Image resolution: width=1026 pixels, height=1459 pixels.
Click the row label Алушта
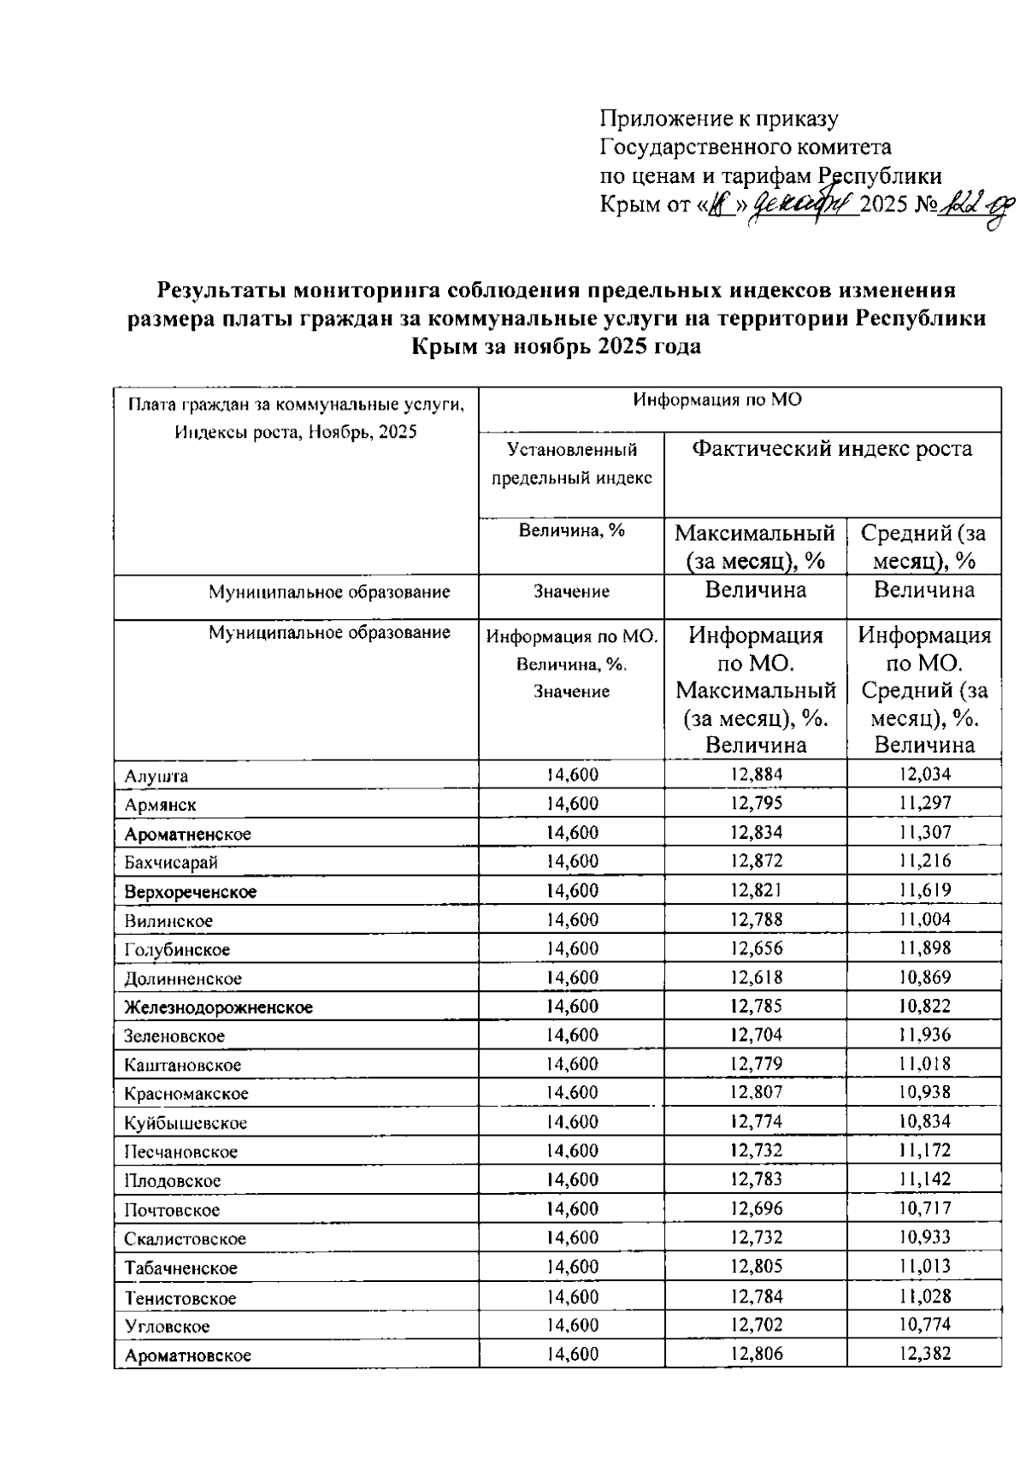156,777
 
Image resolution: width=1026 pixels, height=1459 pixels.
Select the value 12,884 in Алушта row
757,775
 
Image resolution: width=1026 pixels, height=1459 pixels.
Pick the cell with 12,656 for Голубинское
757,948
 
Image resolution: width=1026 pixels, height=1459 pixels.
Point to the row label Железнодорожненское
219,1007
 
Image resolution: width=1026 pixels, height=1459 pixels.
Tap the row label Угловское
167,1326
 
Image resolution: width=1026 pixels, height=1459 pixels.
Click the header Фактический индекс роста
831,449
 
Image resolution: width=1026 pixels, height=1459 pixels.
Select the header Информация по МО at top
717,399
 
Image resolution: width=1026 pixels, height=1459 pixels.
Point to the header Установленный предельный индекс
571,464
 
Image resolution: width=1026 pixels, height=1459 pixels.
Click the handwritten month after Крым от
803,205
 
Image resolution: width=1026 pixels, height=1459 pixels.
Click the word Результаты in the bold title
221,290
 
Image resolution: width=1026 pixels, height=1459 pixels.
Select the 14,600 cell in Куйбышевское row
572,1121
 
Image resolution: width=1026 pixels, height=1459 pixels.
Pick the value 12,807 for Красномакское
757,1092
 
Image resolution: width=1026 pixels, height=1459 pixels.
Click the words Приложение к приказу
718,119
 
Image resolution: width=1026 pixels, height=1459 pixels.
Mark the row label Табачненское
181,1268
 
